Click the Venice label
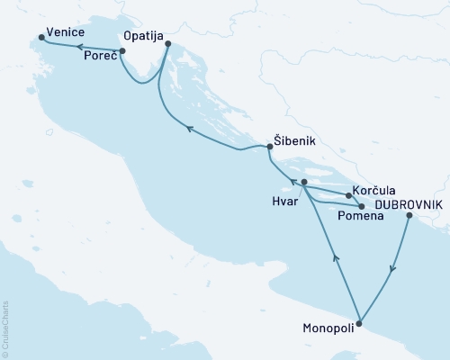pos(67,33)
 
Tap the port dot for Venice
pos(41,38)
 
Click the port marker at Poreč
pos(122,51)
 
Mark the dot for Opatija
pos(168,43)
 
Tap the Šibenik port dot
pos(270,146)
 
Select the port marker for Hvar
pos(304,183)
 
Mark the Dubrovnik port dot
pos(409,216)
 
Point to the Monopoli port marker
pos(360,323)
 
